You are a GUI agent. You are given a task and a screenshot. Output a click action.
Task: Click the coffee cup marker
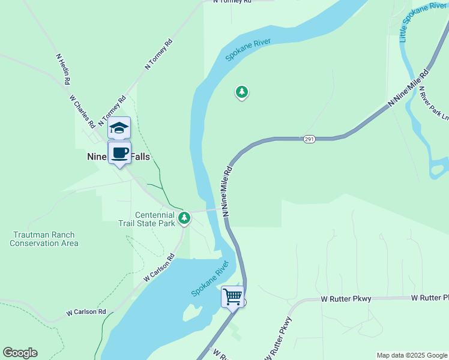pyautogui.click(x=119, y=153)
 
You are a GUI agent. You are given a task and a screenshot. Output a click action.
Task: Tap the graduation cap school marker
pyautogui.click(x=119, y=128)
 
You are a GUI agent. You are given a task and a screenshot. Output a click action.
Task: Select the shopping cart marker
pyautogui.click(x=232, y=296)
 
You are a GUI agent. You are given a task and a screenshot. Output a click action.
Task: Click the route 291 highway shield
pyautogui.click(x=309, y=139)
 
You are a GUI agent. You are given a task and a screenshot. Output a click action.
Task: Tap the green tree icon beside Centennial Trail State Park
pyautogui.click(x=184, y=217)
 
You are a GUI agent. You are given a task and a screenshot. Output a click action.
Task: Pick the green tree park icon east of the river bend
pyautogui.click(x=241, y=92)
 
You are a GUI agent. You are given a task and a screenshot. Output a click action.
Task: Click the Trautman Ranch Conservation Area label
pyautogui.click(x=44, y=239)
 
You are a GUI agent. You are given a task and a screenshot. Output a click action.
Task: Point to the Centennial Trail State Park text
pyautogui.click(x=154, y=219)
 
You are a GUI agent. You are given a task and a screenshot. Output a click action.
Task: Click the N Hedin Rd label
pyautogui.click(x=64, y=69)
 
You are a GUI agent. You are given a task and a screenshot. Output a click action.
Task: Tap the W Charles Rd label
pyautogui.click(x=82, y=111)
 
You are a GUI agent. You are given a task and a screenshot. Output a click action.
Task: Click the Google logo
pyautogui.click(x=20, y=353)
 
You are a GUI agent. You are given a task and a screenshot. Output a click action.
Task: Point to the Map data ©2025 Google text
pyautogui.click(x=412, y=355)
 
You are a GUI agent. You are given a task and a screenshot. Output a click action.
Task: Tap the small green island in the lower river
pyautogui.click(x=192, y=313)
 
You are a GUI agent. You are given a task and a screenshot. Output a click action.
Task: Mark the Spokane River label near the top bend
pyautogui.click(x=248, y=50)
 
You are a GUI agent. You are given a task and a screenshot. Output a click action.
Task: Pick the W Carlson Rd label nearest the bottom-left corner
pyautogui.click(x=86, y=312)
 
